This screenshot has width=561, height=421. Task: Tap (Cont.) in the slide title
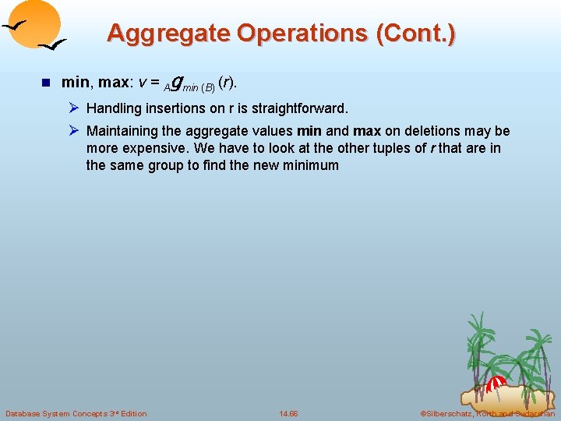tap(416, 34)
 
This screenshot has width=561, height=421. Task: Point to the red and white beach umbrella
tap(496, 383)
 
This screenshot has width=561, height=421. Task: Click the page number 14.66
tap(288, 413)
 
